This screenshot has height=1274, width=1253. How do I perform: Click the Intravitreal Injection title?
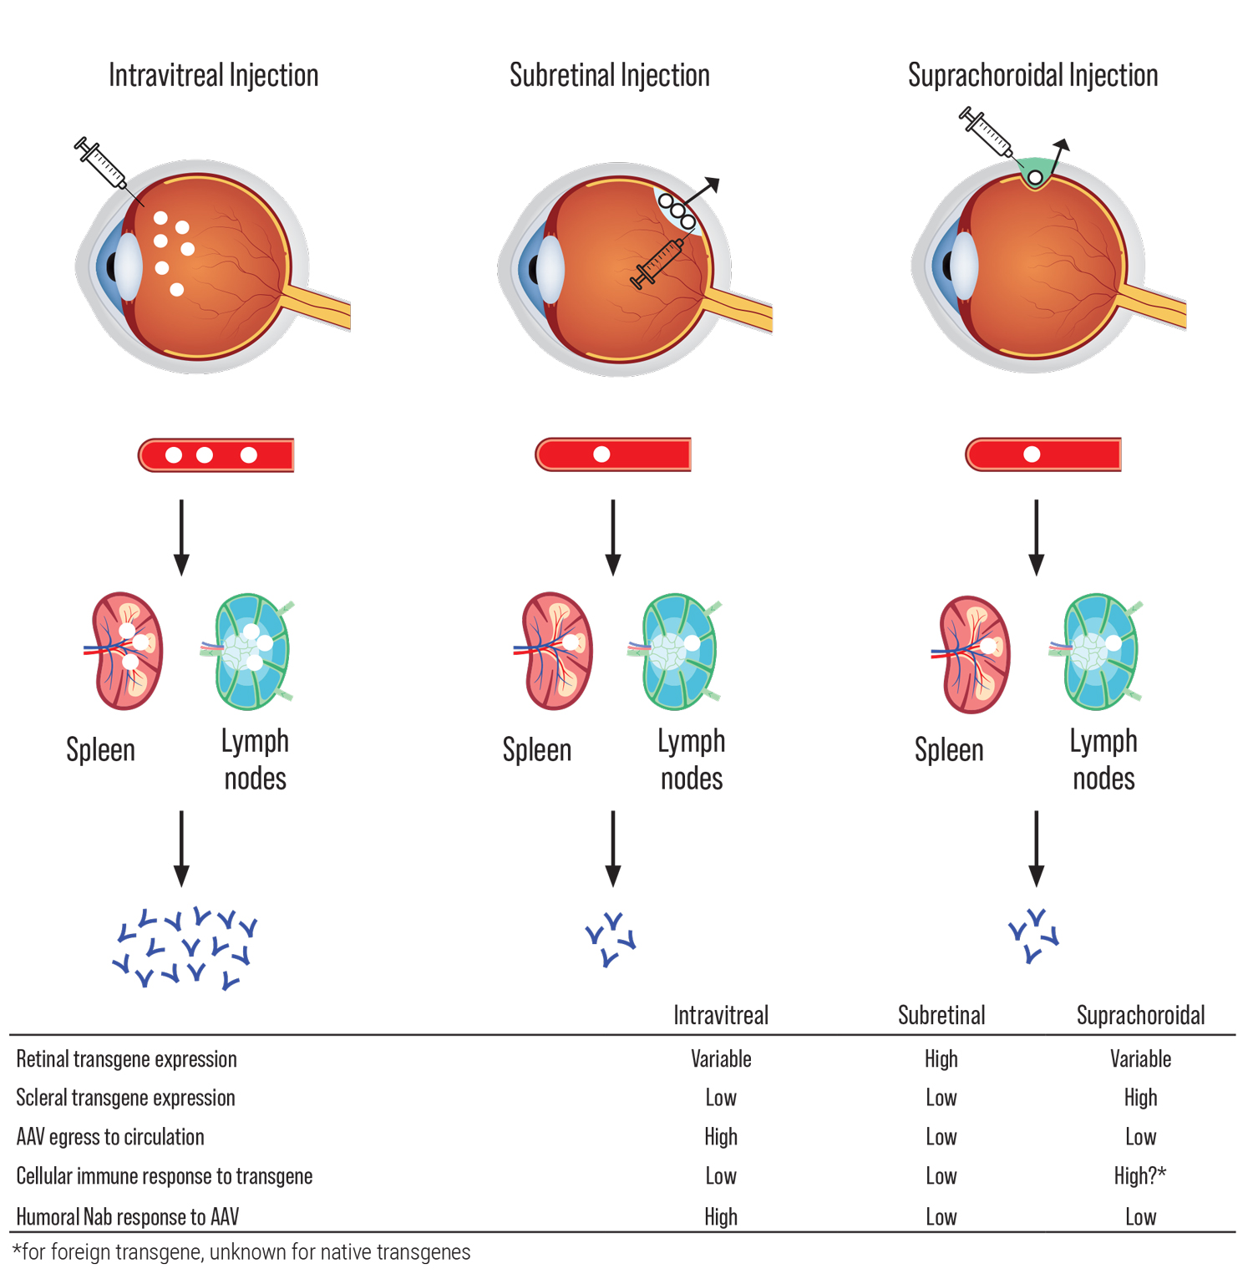point(213,75)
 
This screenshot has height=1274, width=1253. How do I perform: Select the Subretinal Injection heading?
point(609,75)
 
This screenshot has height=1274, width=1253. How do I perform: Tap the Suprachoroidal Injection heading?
point(1032,75)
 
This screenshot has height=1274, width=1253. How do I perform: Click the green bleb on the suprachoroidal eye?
point(1036,171)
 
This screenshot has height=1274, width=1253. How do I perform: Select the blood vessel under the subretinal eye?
point(613,454)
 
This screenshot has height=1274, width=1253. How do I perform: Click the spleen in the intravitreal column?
point(126,652)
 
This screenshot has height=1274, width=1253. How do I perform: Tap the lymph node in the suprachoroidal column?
point(1099,652)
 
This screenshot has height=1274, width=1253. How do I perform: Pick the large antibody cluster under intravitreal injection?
point(185,947)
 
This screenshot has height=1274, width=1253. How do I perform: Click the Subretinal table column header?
point(941,1015)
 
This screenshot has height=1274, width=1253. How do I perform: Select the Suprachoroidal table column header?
point(1140,1015)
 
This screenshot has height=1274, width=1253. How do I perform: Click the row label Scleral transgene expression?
point(125,1098)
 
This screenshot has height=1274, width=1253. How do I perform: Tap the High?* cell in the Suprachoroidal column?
point(1140,1176)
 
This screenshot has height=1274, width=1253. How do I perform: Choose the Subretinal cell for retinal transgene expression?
point(941,1059)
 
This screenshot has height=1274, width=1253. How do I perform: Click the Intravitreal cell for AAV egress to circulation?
point(721,1137)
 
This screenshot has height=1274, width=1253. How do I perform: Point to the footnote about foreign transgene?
point(241,1252)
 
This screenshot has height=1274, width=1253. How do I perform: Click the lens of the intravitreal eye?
point(129,266)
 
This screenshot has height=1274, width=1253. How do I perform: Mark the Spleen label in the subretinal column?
point(537,750)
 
